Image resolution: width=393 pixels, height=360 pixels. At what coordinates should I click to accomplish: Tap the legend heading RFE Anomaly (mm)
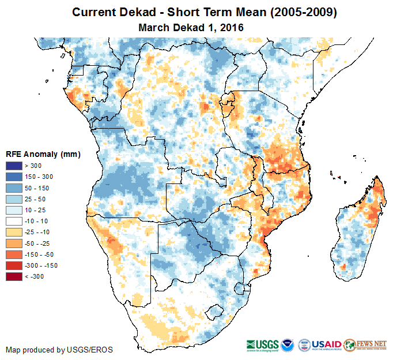coord(43,155)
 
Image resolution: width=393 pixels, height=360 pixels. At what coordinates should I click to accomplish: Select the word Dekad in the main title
coord(135,12)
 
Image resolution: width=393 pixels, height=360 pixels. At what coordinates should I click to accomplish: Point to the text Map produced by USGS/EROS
coord(59,350)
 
